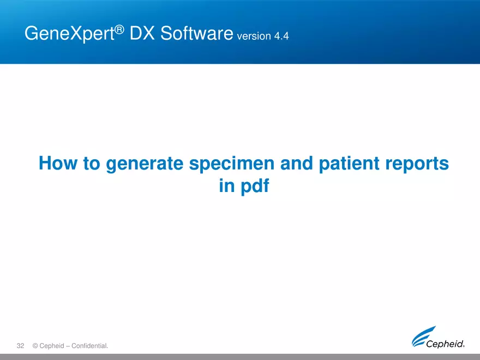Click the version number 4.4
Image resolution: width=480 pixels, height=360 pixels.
(281, 37)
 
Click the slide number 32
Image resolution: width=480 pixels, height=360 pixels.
(21, 346)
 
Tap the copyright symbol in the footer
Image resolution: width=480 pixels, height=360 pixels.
(35, 346)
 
